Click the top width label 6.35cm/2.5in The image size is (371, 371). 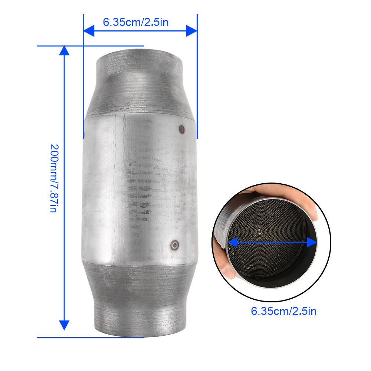135,22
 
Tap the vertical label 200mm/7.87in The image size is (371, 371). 55,178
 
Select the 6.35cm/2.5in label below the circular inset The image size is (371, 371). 284,311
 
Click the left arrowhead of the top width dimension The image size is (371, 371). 89,31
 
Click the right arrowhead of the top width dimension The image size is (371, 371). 191,31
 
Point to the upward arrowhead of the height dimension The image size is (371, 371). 64,50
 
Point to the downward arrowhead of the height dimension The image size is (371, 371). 64,325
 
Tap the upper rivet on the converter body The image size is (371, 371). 181,129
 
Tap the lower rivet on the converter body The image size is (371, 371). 175,245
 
